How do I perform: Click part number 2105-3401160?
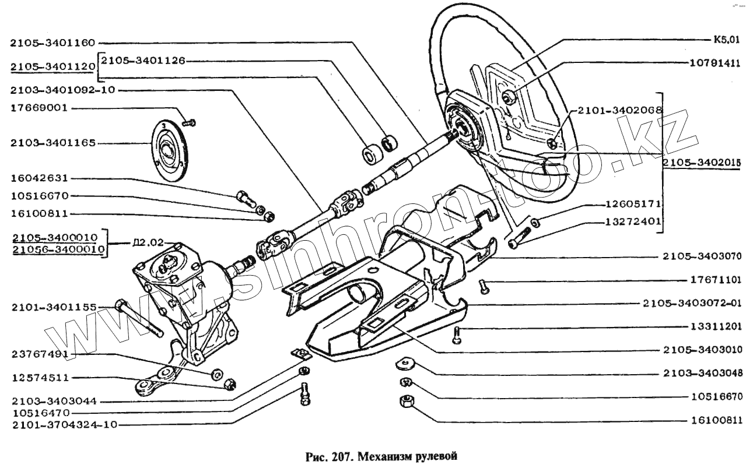click(51, 43)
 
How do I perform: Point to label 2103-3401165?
click(51, 143)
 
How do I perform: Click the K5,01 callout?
click(726, 41)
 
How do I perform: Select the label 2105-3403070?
click(702, 255)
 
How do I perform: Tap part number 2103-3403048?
click(702, 374)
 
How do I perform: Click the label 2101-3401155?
click(51, 307)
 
